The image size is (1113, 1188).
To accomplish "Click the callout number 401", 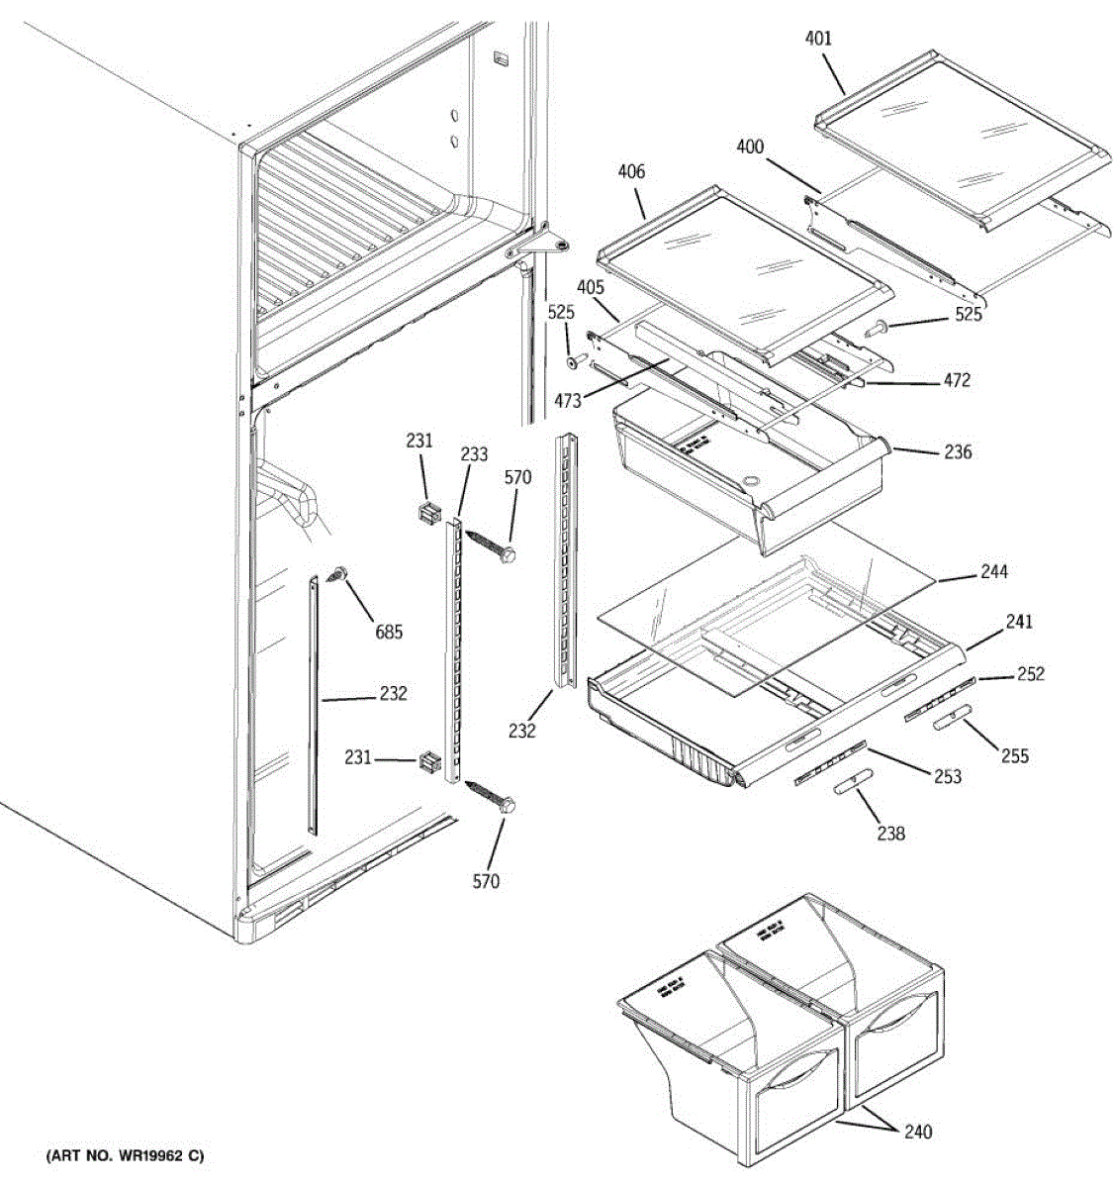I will [x=818, y=40].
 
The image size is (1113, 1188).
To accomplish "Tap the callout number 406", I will [x=631, y=172].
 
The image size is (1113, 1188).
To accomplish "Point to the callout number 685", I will [x=388, y=632].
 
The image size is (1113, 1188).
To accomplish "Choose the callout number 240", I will [x=918, y=1132].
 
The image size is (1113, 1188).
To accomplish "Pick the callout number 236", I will [x=958, y=452].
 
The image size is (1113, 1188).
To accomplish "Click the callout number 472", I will [x=957, y=380].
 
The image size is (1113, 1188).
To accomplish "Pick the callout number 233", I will [x=474, y=454].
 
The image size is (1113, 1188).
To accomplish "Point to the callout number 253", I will [x=947, y=777].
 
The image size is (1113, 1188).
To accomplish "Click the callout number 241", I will [x=1019, y=622].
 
